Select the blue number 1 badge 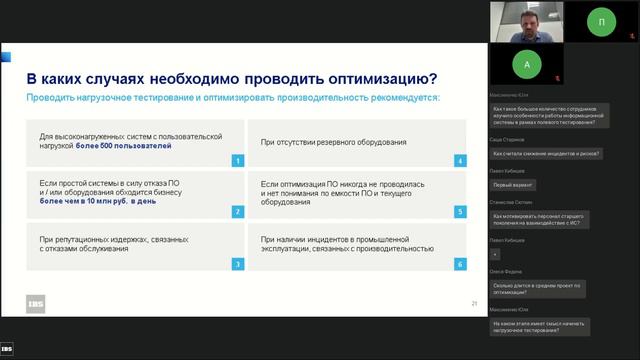tap(238, 160)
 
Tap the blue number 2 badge tap(238, 212)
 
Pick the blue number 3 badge tap(238, 264)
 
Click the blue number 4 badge tap(459, 160)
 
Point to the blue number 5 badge tap(459, 212)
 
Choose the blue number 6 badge tap(459, 264)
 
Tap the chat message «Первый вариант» tap(512, 185)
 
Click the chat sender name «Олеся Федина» tap(507, 272)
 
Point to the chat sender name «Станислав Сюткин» tap(512, 201)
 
